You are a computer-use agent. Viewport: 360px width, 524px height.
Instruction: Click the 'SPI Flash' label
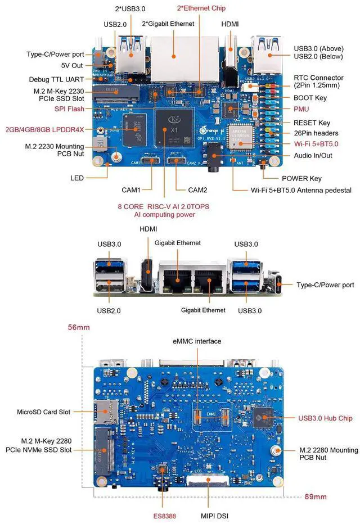pyautogui.click(x=69, y=109)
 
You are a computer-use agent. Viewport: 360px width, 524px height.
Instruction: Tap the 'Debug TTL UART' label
pyautogui.click(x=56, y=80)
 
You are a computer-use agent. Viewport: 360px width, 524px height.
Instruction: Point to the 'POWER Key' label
pyautogui.click(x=301, y=178)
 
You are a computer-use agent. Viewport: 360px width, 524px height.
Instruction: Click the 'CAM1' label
pyautogui.click(x=131, y=190)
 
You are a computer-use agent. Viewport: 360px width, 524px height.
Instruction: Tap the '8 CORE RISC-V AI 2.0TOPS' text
pyautogui.click(x=163, y=206)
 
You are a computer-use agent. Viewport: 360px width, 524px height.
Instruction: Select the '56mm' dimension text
pyautogui.click(x=79, y=327)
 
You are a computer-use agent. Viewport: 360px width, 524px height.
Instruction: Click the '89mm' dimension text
pyautogui.click(x=315, y=497)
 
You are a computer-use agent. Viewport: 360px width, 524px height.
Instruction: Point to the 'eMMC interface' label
pyautogui.click(x=196, y=341)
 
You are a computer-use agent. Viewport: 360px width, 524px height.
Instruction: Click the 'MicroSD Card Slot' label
pyautogui.click(x=43, y=412)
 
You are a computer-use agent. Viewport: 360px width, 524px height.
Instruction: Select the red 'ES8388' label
pyautogui.click(x=165, y=514)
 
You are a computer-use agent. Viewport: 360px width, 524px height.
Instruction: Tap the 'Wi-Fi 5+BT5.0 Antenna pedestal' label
pyautogui.click(x=301, y=190)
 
